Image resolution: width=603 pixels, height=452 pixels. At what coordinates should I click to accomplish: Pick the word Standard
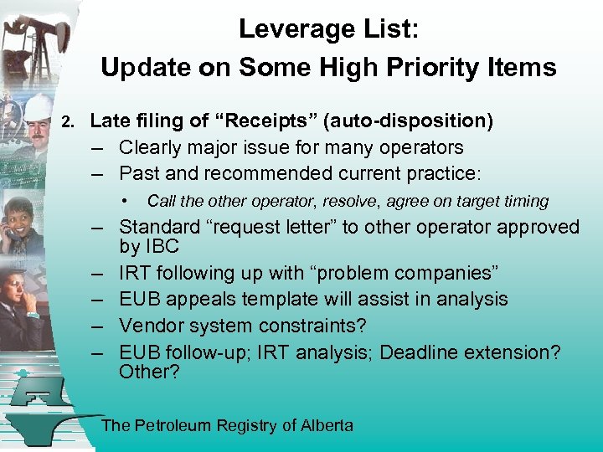[159, 227]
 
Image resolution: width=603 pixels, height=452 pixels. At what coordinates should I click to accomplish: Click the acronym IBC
[162, 247]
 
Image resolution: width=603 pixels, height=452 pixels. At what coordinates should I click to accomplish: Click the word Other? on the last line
[149, 372]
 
